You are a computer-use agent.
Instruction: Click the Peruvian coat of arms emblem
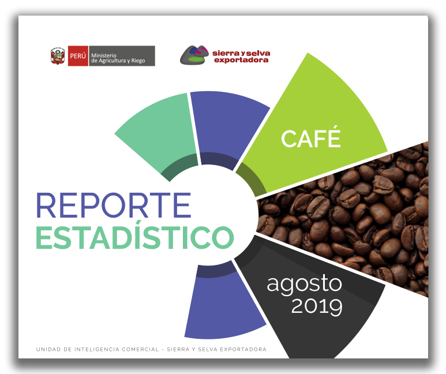[x=58, y=56]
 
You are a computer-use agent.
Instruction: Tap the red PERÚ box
[x=78, y=56]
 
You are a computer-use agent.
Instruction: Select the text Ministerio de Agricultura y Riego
[x=118, y=58]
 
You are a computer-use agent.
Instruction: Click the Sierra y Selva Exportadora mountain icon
[x=194, y=55]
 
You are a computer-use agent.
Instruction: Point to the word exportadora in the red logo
[x=241, y=60]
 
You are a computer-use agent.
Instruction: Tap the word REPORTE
[x=114, y=205]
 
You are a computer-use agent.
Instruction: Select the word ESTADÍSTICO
[x=135, y=237]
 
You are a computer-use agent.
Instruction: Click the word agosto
[x=304, y=284]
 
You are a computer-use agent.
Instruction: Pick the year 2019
[x=317, y=306]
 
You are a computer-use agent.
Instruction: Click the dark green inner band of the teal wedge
[x=179, y=165]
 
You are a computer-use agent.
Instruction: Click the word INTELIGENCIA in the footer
[x=97, y=349]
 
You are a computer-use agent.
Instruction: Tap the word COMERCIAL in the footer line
[x=140, y=349]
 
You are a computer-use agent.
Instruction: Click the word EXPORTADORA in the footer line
[x=243, y=349]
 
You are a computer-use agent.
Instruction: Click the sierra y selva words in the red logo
[x=241, y=53]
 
